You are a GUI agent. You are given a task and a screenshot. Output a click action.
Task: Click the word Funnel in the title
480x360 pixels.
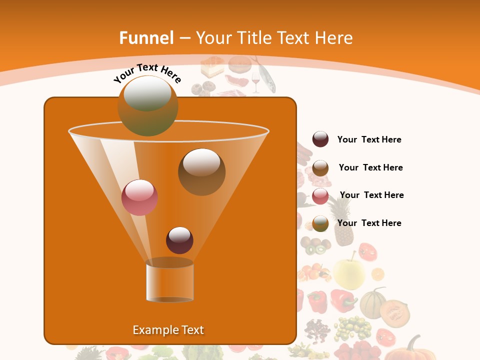[146, 38]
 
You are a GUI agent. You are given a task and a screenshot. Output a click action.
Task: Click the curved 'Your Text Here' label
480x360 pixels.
[147, 73]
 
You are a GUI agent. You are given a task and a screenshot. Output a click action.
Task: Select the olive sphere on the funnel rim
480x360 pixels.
[148, 105]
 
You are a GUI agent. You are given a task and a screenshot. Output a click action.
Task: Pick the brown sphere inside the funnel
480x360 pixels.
[201, 171]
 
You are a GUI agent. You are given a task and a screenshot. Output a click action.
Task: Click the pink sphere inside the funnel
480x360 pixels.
[139, 197]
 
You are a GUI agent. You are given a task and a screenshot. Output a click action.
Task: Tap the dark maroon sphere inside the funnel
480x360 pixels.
[179, 240]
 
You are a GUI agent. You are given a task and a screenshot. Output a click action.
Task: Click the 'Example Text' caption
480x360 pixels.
[168, 330]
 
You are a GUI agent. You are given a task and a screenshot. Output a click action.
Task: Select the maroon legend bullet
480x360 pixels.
[320, 139]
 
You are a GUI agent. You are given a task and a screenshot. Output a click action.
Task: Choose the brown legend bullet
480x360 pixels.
[320, 168]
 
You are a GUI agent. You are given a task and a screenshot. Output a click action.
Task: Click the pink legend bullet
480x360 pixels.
[320, 196]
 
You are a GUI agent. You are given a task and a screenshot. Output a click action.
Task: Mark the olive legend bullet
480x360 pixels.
[320, 223]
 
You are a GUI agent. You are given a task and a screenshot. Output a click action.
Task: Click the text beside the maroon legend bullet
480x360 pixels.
[369, 140]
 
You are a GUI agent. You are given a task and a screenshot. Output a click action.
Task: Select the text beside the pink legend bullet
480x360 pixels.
[371, 195]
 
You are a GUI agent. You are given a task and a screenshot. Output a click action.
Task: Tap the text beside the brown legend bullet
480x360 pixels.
[370, 167]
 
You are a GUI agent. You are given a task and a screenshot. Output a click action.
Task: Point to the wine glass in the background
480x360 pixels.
[255, 82]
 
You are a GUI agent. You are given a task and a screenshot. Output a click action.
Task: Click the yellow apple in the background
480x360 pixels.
[349, 272]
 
